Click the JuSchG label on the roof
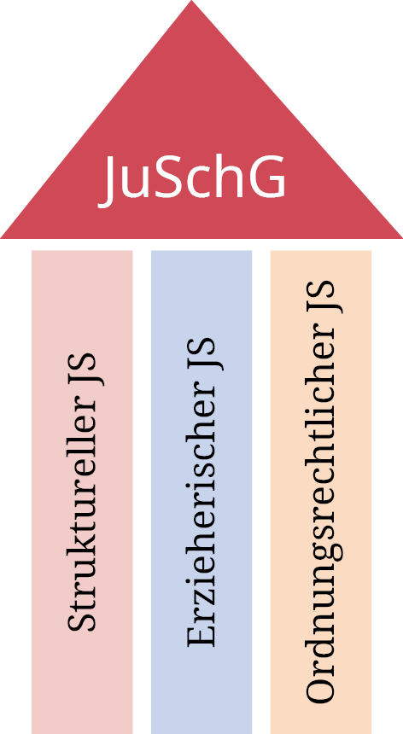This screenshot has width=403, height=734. click(192, 180)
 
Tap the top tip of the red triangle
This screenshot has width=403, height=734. click(192, 1)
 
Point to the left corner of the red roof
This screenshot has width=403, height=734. click(2, 238)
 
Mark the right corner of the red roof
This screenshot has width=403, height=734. click(401, 238)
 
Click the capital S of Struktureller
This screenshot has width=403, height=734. click(82, 620)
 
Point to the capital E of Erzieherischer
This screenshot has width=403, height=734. click(201, 634)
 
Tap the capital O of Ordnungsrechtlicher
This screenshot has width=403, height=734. click(321, 687)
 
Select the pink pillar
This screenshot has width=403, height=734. click(82, 492)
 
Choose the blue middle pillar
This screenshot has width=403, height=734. click(201, 492)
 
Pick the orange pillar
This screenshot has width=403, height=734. click(321, 492)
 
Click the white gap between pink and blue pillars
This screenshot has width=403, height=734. click(142, 492)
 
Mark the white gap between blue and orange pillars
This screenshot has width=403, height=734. click(261, 492)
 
